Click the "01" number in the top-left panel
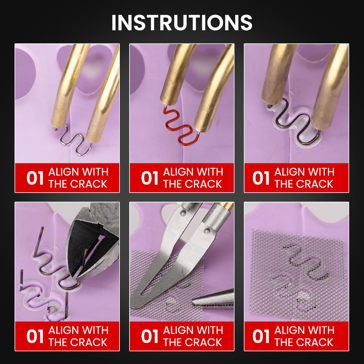35,178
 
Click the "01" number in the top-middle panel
150,178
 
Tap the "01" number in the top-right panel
261,178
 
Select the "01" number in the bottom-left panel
35,336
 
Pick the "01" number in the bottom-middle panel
150,336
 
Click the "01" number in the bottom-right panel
261,336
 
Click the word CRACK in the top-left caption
89,184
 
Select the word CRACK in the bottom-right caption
315,342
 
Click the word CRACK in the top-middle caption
203,184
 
